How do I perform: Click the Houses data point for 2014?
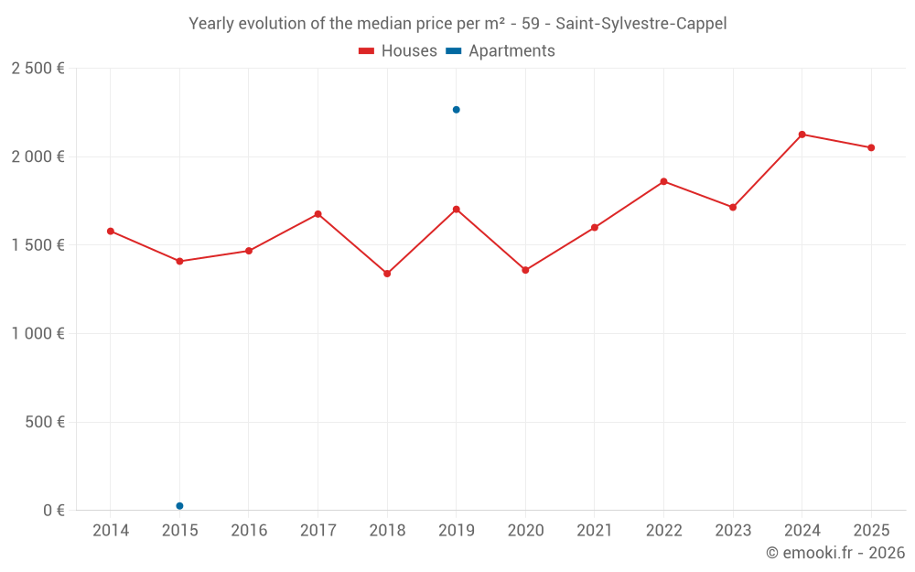point(111,232)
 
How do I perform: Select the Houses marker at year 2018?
point(387,274)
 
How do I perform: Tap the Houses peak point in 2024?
point(802,135)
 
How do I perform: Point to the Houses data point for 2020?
point(525,270)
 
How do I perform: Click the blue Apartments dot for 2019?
point(457,110)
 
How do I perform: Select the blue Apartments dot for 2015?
point(179,506)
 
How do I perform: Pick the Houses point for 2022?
point(663,181)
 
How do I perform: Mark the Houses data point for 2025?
point(871,147)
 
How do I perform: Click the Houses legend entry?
point(398,51)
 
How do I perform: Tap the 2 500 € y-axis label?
point(38,69)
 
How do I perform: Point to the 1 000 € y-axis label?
point(38,334)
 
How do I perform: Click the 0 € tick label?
point(54,511)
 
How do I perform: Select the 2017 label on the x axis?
point(318,531)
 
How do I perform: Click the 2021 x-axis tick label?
point(595,531)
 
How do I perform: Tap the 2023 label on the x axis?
point(733,531)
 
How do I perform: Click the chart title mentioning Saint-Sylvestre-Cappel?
point(457,24)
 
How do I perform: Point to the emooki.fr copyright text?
point(834,553)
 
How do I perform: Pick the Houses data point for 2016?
point(249,251)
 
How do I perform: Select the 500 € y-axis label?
point(43,423)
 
